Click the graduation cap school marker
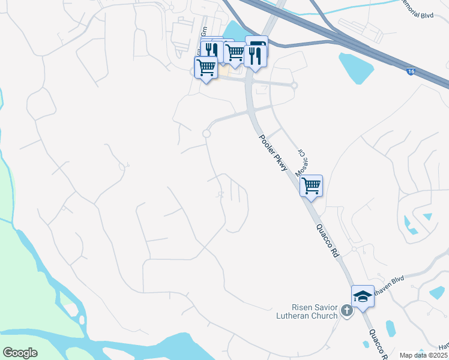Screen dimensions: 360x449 (x=363, y=296)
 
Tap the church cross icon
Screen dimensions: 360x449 (x=346, y=310)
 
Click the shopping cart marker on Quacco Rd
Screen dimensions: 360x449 (x=311, y=185)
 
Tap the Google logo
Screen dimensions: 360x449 (x=20, y=353)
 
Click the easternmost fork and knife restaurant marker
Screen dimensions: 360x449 (x=255, y=56)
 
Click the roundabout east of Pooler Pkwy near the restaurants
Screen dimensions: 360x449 (x=294, y=85)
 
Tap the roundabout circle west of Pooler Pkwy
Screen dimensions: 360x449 (x=206, y=134)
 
